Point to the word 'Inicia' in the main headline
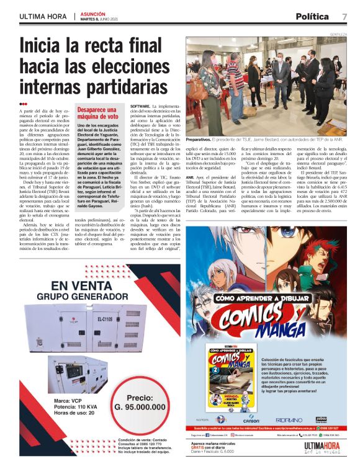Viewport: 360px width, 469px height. click(47, 47)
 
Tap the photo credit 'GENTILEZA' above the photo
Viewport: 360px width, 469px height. click(338, 35)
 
